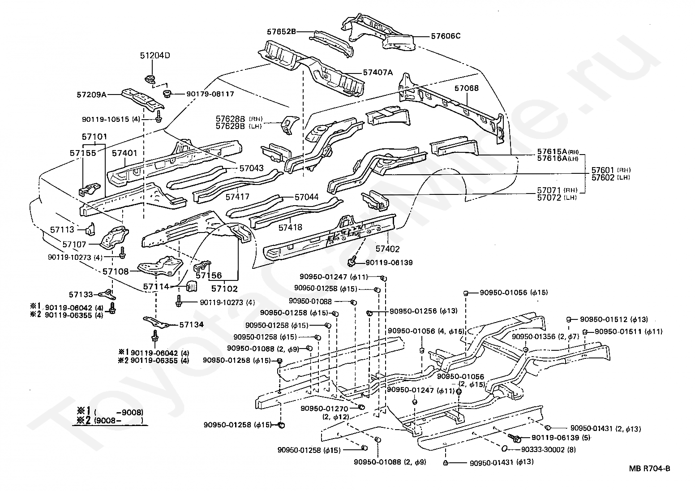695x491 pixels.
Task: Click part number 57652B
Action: tap(281, 32)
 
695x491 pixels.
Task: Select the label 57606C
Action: tap(446, 36)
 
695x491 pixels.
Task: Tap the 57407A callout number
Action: tap(378, 73)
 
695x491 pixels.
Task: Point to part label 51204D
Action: tap(155, 56)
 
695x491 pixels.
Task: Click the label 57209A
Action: tap(91, 95)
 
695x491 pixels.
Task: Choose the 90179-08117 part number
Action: tap(210, 94)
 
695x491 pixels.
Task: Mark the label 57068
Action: tap(467, 88)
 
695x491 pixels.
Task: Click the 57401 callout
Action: tap(124, 153)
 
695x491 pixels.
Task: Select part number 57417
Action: tap(238, 197)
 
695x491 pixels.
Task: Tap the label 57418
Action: tap(291, 228)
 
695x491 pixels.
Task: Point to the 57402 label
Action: tap(387, 249)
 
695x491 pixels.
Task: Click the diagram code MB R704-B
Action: tap(650, 468)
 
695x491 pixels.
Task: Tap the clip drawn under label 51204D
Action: tap(150, 79)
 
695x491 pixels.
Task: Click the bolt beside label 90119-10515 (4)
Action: tap(159, 116)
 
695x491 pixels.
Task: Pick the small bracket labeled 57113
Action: tap(90, 229)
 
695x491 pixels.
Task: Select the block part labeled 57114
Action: tap(191, 286)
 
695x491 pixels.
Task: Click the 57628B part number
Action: tap(231, 119)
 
